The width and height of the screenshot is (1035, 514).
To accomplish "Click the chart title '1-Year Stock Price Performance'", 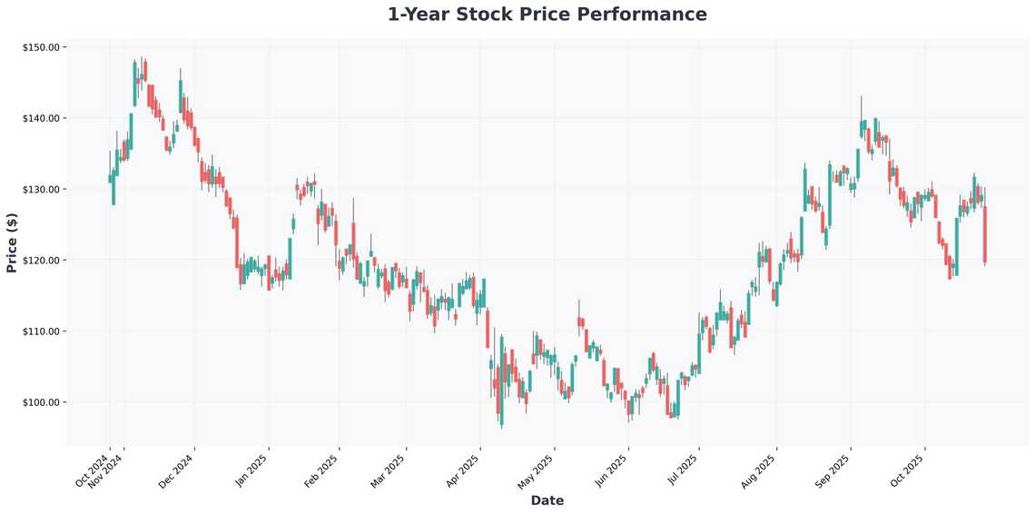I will (x=547, y=15).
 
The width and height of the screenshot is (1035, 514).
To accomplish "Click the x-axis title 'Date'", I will (x=547, y=500).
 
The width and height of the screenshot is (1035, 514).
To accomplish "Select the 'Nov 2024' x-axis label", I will (x=107, y=470).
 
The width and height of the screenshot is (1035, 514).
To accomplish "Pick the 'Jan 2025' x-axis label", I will (x=251, y=470).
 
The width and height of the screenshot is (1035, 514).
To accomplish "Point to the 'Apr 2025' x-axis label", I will (x=464, y=470).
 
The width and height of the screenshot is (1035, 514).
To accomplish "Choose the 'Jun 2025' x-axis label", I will (x=611, y=470).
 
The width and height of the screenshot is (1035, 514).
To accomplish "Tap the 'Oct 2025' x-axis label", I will (x=908, y=470).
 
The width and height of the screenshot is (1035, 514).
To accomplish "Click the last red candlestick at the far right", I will (x=985, y=234).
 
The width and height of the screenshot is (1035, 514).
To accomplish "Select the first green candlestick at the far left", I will (x=110, y=179).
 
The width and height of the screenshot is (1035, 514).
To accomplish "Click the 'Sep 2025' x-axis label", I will (x=833, y=470).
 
